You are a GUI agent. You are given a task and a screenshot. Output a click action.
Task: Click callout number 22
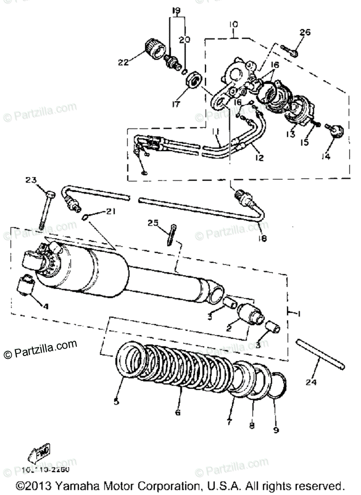pos(123,62)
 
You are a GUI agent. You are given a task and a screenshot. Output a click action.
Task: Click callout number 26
pos(305,33)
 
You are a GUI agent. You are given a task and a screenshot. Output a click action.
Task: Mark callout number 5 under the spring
pos(116,401)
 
